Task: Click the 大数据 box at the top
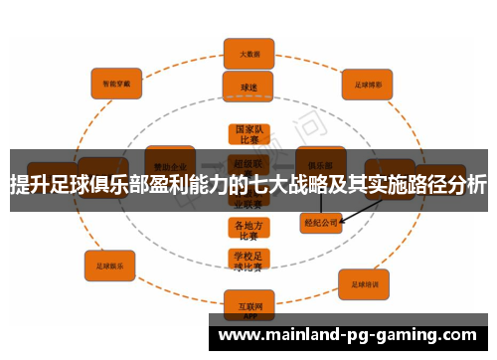pos(249,53)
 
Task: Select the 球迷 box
pos(248,87)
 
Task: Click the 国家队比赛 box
pos(248,135)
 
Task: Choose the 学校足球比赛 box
pos(248,261)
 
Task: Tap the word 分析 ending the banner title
pos(466,186)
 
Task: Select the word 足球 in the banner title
pos(66,186)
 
